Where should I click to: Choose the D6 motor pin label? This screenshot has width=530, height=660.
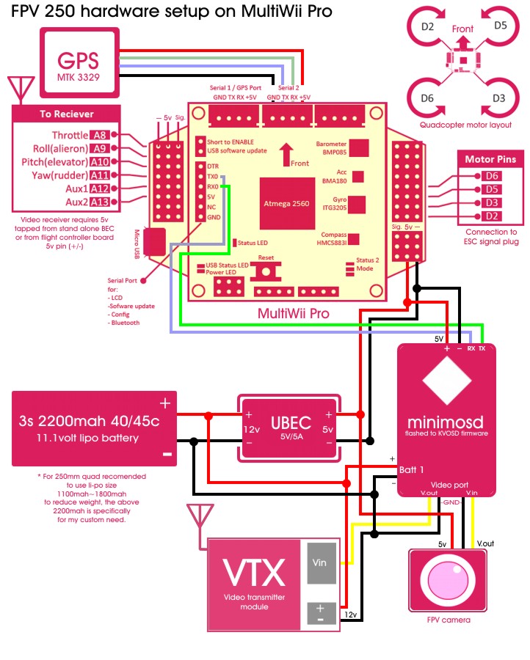[492, 176]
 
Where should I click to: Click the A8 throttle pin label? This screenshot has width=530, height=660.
[100, 135]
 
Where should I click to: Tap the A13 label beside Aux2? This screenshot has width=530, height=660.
[100, 202]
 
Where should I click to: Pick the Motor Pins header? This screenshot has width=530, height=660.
[490, 159]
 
